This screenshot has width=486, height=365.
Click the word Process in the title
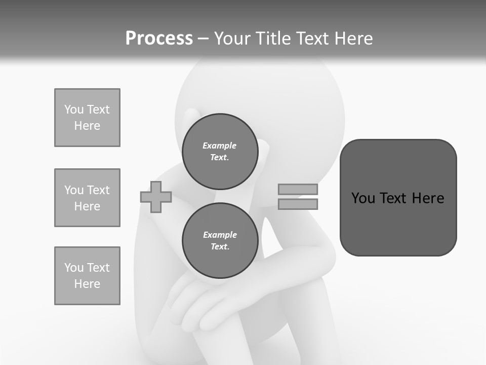tap(159, 39)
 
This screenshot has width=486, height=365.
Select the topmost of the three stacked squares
tap(87, 118)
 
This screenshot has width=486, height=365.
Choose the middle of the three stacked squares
tap(87, 198)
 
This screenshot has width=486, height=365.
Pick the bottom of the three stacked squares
tap(87, 276)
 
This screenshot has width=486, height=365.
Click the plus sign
tap(156, 197)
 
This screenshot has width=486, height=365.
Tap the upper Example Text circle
tap(220, 151)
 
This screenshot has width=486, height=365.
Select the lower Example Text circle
tap(220, 240)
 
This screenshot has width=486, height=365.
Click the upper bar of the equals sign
tap(298, 189)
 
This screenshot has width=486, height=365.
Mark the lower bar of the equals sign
tap(298, 204)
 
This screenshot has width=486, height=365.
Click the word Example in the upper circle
tap(219, 145)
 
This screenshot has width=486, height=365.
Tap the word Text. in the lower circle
tap(220, 247)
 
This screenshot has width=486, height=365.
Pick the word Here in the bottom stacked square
tap(87, 284)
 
